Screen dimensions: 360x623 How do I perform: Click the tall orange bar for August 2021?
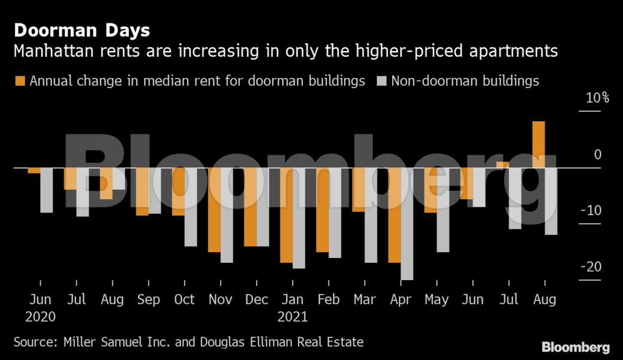(538, 145)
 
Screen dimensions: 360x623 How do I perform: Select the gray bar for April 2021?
(407, 223)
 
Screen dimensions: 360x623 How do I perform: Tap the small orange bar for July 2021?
(502, 164)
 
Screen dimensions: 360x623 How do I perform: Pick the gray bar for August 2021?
(551, 201)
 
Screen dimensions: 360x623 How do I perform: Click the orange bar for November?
(214, 209)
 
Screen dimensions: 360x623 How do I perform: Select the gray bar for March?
(371, 215)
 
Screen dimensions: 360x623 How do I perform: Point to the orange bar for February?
(323, 209)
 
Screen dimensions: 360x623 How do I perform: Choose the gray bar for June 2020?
(47, 190)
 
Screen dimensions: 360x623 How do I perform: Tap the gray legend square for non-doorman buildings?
(381, 81)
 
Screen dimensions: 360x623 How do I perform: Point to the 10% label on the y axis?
(597, 98)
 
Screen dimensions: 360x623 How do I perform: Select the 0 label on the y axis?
(597, 155)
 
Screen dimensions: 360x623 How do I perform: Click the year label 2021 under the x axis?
(293, 316)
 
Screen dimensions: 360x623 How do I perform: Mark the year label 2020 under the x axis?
(40, 316)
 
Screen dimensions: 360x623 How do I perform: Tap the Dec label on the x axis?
(257, 299)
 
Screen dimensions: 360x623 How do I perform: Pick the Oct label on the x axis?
(184, 299)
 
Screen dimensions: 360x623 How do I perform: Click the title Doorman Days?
(82, 30)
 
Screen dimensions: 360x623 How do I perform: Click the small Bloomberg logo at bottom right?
(576, 347)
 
